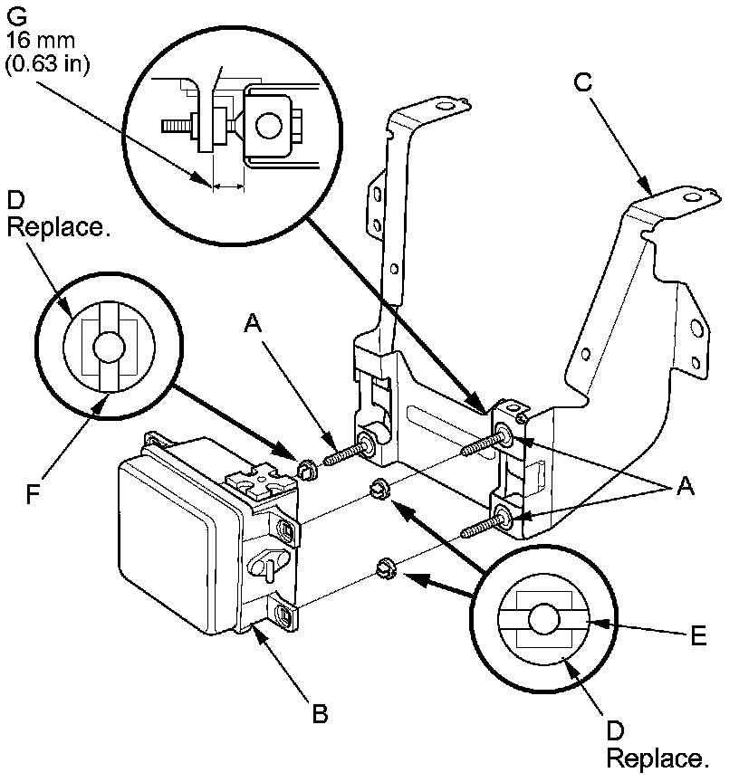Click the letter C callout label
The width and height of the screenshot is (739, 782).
tap(584, 83)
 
